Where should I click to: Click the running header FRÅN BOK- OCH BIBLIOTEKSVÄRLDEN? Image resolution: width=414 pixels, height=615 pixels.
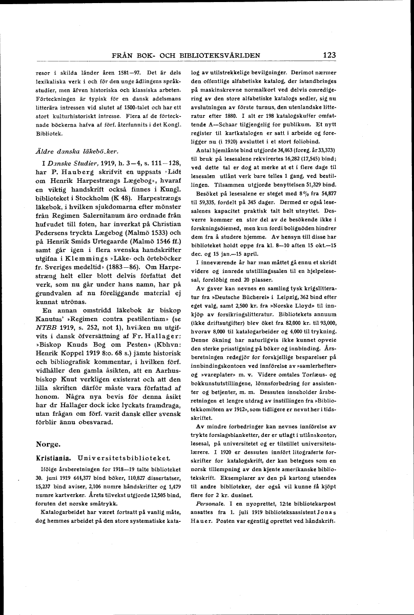(x=187, y=56)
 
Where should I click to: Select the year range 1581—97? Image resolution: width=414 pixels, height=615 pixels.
(x=136, y=72)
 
